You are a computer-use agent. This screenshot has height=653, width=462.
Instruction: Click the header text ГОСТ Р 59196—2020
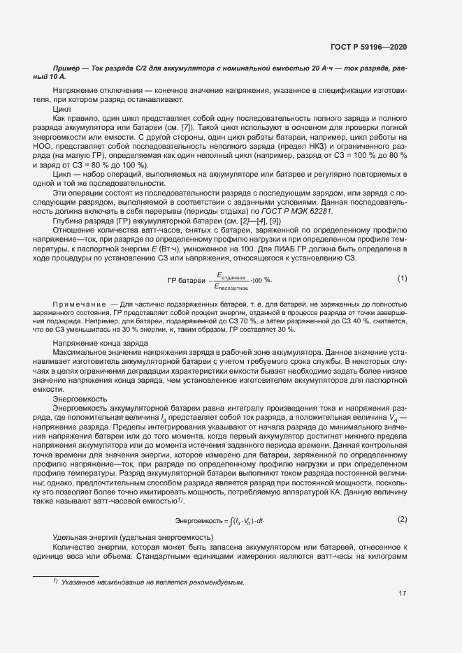click(x=368, y=47)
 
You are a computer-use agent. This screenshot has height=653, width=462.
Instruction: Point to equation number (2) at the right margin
click(x=402, y=519)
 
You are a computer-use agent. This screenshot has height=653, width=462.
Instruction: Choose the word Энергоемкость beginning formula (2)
click(x=198, y=521)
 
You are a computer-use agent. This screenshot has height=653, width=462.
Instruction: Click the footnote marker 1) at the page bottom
click(x=55, y=581)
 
